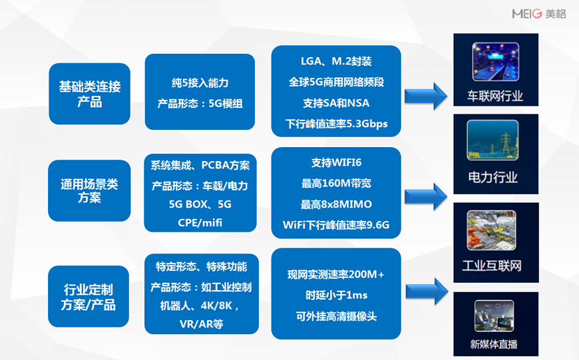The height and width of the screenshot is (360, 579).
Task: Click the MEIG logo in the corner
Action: (538, 13)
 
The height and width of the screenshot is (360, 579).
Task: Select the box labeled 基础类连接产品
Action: (90, 94)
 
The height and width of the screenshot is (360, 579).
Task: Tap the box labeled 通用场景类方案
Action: (89, 191)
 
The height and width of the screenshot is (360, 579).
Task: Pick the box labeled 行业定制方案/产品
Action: (89, 296)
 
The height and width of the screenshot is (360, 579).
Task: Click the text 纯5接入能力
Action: (200, 83)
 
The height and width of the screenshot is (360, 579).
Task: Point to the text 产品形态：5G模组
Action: (200, 104)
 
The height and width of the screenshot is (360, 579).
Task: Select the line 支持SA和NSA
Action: (336, 103)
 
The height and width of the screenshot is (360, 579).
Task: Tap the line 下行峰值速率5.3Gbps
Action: (336, 124)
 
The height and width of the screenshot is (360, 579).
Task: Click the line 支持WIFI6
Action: (336, 162)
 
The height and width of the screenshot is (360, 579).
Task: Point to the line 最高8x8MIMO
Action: (336, 204)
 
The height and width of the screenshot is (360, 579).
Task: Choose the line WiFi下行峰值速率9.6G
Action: (336, 225)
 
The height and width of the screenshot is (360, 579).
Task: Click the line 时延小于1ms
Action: (336, 295)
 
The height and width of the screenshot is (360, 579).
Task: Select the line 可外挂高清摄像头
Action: (336, 316)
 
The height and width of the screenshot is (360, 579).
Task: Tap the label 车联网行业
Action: (494, 96)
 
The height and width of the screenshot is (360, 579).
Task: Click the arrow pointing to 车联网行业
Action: (427, 95)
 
